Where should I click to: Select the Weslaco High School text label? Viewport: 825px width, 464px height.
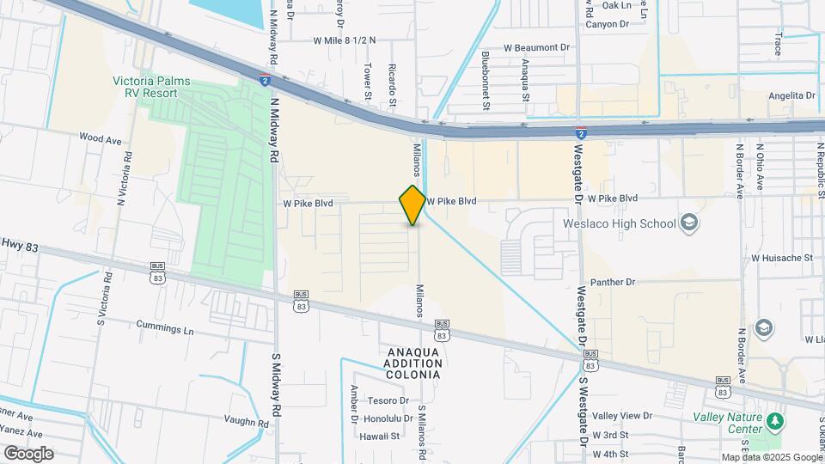coord(619,223)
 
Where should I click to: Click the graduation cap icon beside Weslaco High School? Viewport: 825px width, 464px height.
coord(687,223)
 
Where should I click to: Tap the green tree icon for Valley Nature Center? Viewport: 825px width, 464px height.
coord(775,421)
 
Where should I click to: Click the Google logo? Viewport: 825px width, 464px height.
coord(27,454)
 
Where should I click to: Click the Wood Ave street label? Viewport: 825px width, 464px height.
coord(101,137)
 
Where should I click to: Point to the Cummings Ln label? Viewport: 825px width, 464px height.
coord(165,328)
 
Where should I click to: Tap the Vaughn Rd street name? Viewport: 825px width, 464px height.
coord(246,422)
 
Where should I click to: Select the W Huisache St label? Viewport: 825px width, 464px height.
coord(782,257)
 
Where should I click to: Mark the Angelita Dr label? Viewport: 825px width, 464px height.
coord(791,95)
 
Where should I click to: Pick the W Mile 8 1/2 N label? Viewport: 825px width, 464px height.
coord(345,40)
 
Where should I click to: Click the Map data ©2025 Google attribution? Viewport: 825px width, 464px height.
coord(771,457)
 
